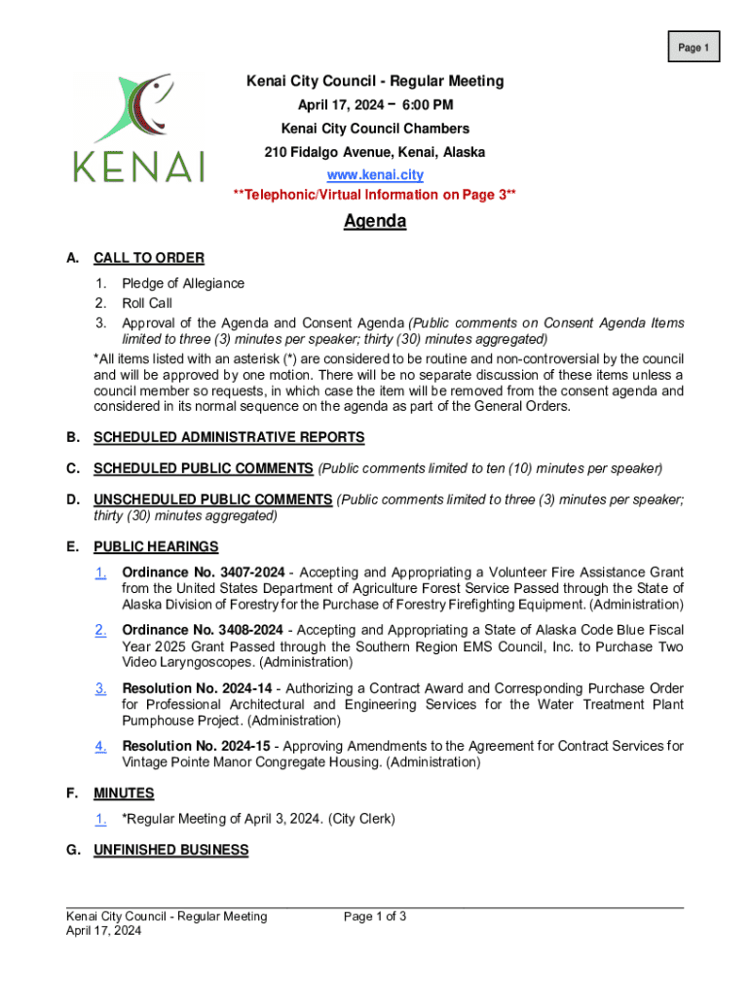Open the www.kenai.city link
(x=375, y=175)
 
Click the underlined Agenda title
(x=375, y=222)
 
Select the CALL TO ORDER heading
(x=148, y=258)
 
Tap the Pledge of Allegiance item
(x=183, y=283)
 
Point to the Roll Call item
(x=147, y=303)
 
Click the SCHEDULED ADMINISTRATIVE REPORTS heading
(x=229, y=437)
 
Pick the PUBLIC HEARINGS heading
(x=156, y=546)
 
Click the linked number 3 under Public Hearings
(x=100, y=688)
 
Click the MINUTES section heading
(x=124, y=794)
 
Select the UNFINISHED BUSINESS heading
(x=170, y=850)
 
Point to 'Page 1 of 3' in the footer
(x=375, y=916)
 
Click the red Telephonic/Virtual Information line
(x=375, y=195)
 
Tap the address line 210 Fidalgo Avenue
(x=375, y=152)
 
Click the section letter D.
(x=72, y=499)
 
